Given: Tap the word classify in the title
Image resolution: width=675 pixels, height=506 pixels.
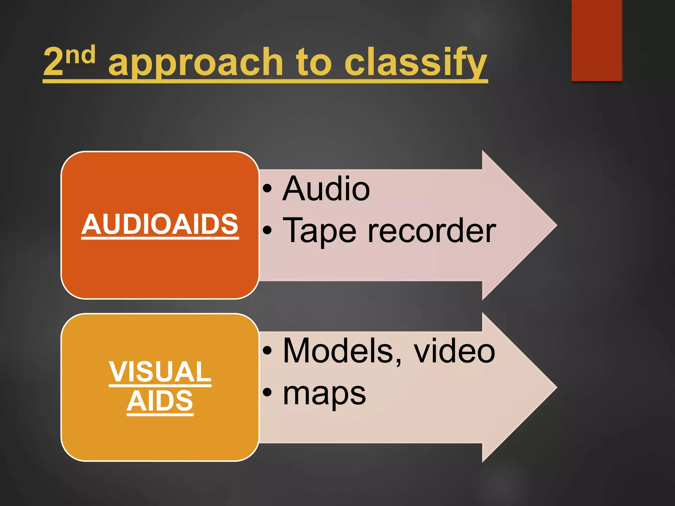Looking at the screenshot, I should [x=415, y=63].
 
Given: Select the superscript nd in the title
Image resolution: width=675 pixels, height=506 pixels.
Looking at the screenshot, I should [x=80, y=55].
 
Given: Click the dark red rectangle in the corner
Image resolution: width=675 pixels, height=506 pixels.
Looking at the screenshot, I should [x=597, y=40].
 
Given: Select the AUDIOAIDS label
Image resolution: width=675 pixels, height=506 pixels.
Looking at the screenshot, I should [x=160, y=224].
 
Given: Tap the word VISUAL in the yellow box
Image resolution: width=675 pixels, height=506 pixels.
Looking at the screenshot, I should [x=160, y=372].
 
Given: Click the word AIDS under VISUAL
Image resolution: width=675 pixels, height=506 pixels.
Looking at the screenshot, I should [x=160, y=401].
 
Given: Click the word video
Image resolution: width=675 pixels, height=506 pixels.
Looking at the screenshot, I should [x=455, y=351].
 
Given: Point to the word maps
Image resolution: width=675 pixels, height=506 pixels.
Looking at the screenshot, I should [x=324, y=394].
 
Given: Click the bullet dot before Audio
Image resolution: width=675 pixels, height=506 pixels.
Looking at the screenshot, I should [x=267, y=189].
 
